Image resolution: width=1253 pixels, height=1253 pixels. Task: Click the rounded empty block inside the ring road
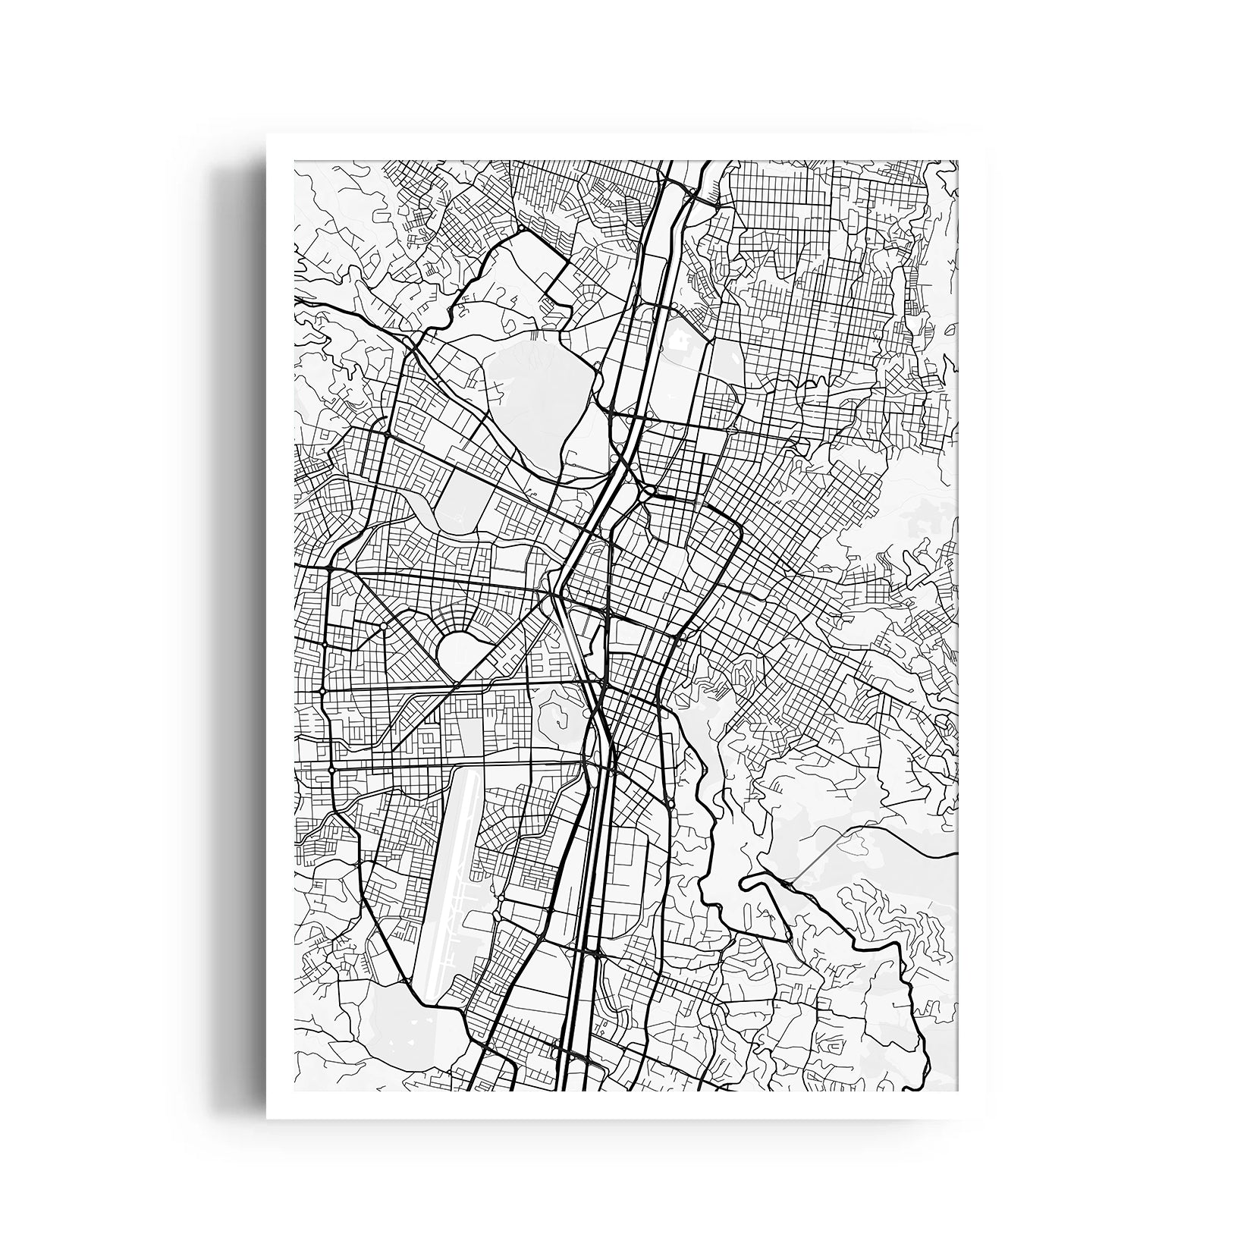(460, 648)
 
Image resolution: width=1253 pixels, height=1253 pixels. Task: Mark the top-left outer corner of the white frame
(267, 135)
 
